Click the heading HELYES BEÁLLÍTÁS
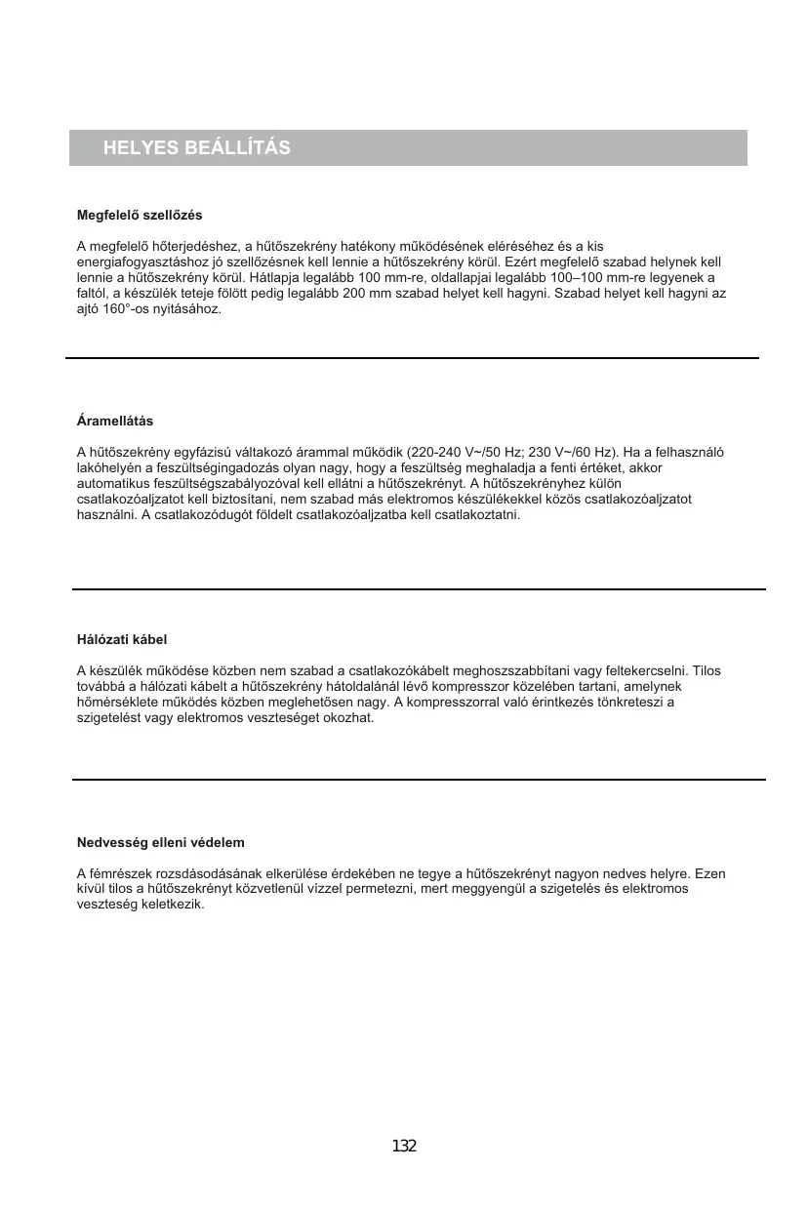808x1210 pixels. [x=197, y=148]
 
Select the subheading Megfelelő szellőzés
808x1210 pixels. [x=140, y=214]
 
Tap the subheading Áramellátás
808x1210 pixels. [x=115, y=422]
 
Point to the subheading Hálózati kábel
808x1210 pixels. [x=122, y=640]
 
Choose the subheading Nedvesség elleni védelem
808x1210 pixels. [x=160, y=842]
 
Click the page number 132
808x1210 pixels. [x=404, y=1146]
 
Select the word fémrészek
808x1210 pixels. [x=121, y=873]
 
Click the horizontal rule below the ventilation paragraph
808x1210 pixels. [x=412, y=358]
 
